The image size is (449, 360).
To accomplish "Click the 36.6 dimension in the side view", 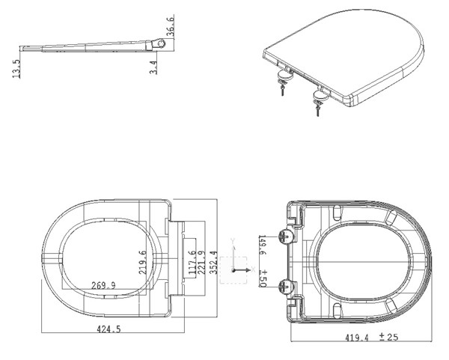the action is click(170, 26).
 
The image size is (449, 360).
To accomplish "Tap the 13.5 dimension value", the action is click(16, 69).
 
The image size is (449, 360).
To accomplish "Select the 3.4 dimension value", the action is click(153, 67).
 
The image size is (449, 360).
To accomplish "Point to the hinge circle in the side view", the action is click(161, 43).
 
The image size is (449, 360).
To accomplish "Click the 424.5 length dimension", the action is click(109, 329).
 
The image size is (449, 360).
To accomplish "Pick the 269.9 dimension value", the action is click(103, 286).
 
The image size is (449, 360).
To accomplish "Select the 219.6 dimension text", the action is click(143, 263).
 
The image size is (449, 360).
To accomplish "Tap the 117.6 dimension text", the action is click(192, 263).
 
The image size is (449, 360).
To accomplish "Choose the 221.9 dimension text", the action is click(201, 263).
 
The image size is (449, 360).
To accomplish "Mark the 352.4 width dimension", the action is click(213, 263).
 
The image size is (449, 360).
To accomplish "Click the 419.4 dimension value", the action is click(356, 338).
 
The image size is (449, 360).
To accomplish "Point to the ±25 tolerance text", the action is click(388, 337).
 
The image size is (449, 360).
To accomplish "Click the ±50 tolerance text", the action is click(263, 278).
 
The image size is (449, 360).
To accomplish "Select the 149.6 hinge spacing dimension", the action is click(263, 245).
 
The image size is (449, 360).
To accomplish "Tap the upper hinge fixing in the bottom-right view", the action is click(286, 237).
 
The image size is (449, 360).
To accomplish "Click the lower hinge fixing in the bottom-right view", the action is click(286, 286).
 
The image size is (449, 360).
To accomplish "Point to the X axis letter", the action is click(253, 269).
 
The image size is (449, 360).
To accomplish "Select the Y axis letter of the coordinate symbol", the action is click(233, 241).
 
